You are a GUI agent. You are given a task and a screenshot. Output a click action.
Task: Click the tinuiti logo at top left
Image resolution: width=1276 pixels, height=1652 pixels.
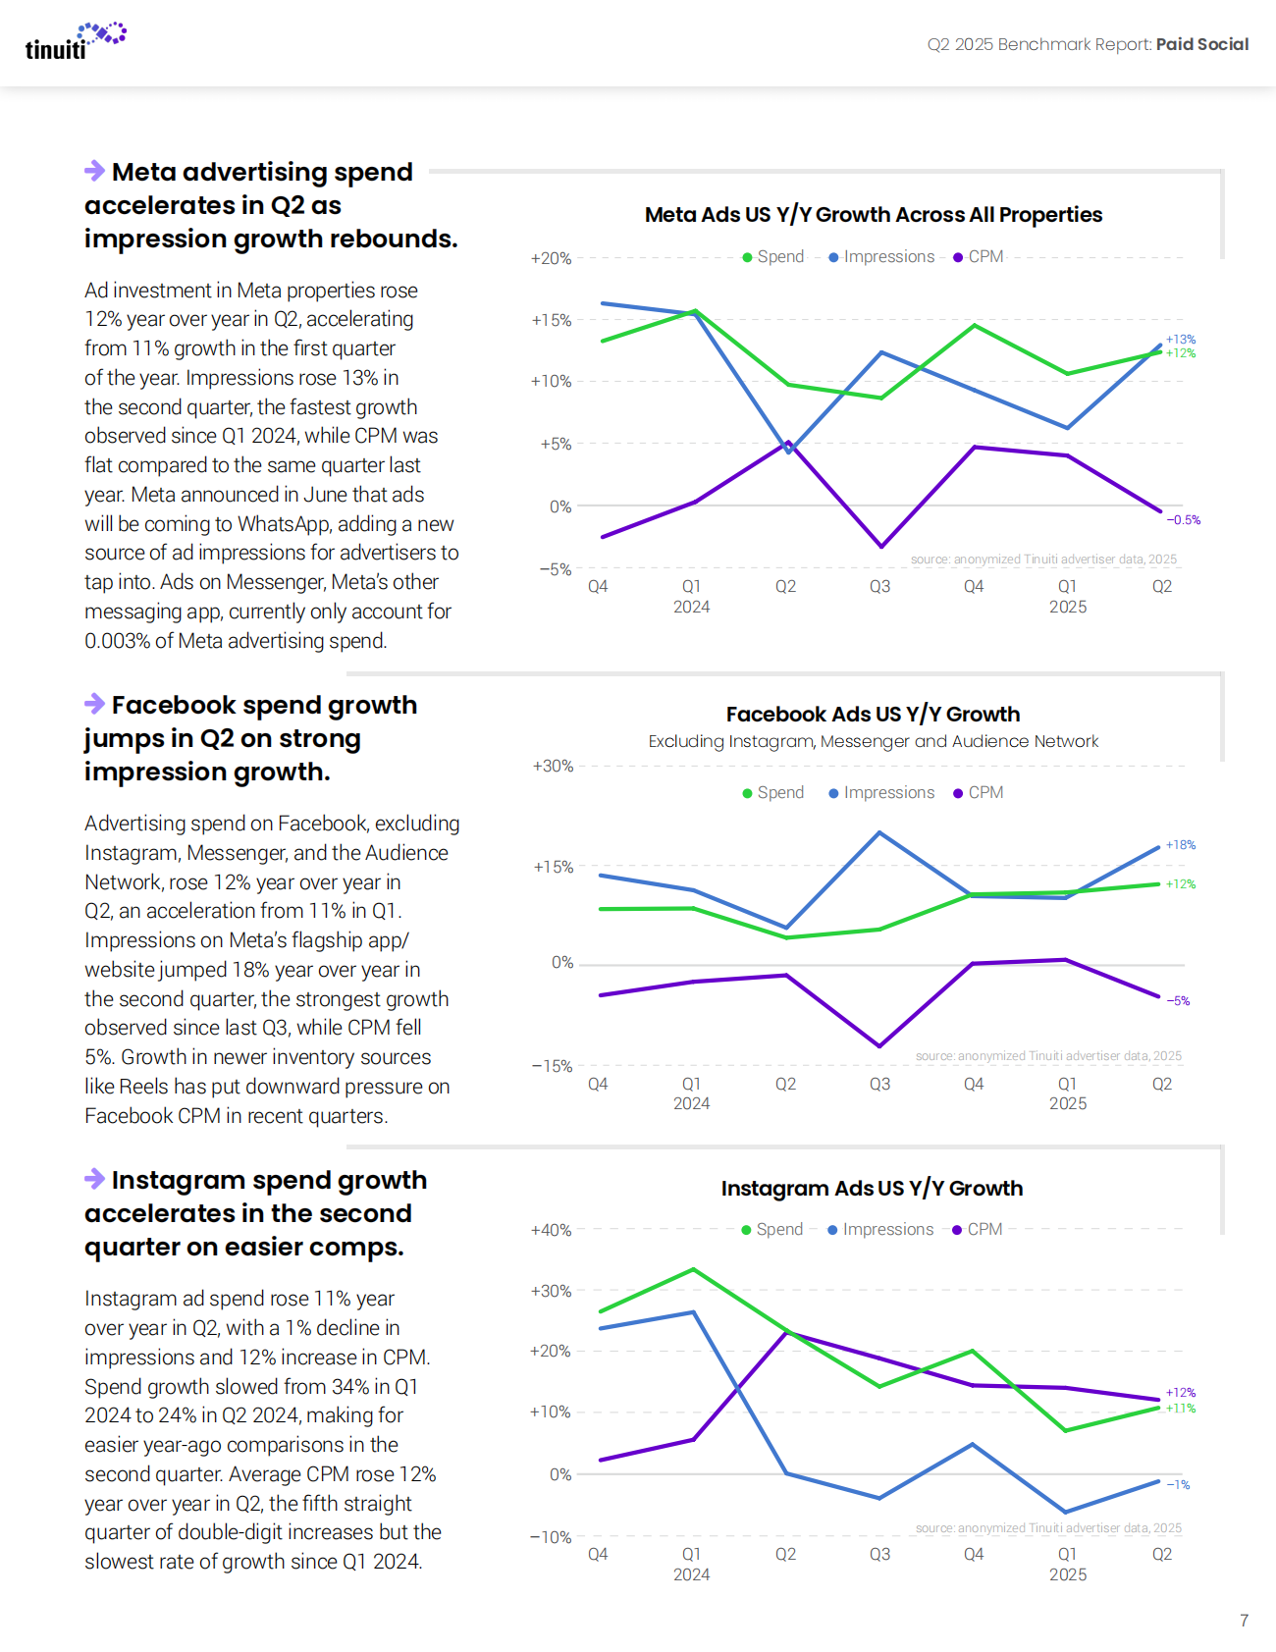(x=75, y=42)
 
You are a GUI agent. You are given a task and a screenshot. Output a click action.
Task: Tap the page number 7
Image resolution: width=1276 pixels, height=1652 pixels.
(x=1244, y=1621)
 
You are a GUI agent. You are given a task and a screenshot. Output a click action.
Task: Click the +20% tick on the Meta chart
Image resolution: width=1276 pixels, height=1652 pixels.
(x=551, y=258)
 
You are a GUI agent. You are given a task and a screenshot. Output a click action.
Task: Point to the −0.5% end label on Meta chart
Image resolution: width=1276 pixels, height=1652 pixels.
(x=1184, y=520)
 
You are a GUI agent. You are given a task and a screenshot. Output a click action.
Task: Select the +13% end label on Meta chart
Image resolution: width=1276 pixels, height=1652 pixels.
(x=1181, y=340)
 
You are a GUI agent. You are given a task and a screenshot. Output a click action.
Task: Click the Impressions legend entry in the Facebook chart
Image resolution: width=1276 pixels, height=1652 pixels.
(x=881, y=793)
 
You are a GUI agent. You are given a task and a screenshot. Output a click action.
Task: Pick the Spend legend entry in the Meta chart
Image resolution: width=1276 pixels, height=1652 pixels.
(x=773, y=257)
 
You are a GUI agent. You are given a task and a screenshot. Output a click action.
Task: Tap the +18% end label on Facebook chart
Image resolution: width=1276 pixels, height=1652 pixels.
(x=1181, y=845)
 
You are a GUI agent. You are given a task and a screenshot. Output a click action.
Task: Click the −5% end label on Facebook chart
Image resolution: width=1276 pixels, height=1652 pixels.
(x=1178, y=1001)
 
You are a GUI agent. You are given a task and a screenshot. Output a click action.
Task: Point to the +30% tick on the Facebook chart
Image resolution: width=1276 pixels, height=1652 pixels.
(x=553, y=766)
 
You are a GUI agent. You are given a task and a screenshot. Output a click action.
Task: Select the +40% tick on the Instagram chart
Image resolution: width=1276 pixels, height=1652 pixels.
(x=551, y=1230)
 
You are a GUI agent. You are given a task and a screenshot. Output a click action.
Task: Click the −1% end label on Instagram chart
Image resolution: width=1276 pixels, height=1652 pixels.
(x=1178, y=1485)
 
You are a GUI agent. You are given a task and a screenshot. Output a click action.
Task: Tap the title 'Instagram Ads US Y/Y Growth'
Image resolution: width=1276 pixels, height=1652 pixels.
(x=872, y=1189)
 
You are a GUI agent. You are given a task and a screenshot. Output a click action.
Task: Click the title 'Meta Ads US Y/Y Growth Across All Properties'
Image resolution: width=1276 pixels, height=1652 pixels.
(x=874, y=215)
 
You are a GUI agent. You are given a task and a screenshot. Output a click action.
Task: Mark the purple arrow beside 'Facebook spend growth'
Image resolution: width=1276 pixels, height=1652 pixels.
(x=95, y=704)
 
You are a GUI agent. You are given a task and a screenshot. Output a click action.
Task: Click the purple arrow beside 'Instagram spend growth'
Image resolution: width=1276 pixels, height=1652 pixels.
(x=95, y=1179)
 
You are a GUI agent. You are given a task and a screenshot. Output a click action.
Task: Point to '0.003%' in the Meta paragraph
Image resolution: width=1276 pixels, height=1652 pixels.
(x=117, y=641)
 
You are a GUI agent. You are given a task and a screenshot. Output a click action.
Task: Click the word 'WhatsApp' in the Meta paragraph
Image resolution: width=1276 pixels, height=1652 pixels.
(x=284, y=524)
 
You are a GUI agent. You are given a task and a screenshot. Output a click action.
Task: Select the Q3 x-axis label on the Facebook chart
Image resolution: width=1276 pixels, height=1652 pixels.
(x=879, y=1084)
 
